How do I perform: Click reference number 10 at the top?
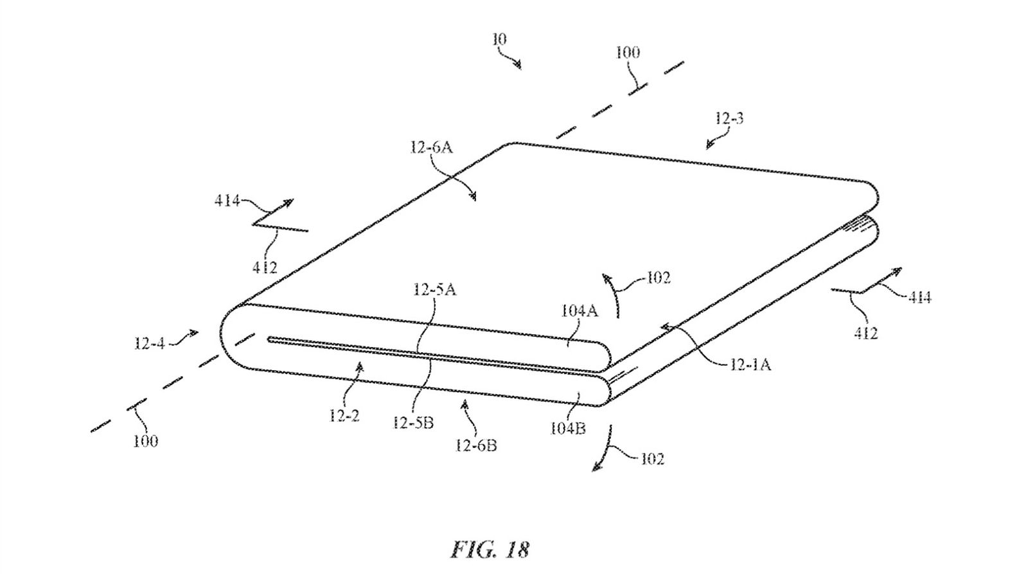pos(499,40)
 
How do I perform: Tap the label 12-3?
pos(729,118)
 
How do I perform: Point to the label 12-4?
pos(149,343)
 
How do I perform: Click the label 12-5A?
pos(435,290)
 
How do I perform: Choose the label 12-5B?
pos(414,422)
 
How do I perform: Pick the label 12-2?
pos(344,415)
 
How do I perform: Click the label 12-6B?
pos(475,445)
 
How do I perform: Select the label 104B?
pos(567,428)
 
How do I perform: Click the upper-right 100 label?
pos(628,53)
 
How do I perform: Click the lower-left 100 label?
pos(145,441)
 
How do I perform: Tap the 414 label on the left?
pos(227,201)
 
